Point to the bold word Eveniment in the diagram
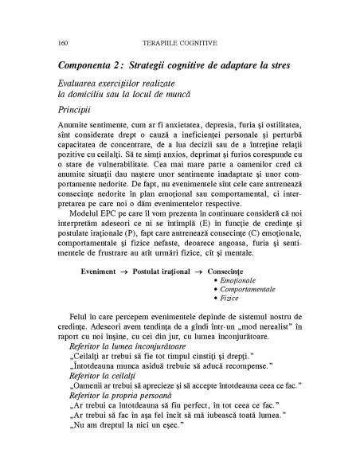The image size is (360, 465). click(103, 272)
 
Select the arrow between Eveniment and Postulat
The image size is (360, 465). click(132, 272)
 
